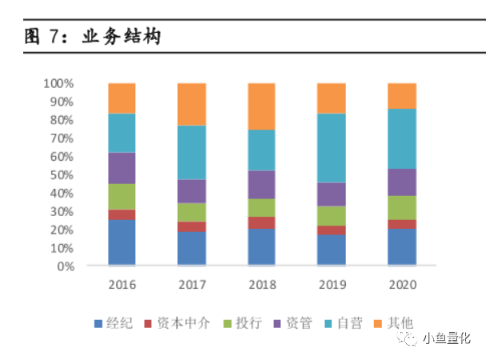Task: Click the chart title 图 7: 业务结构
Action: pos(92,36)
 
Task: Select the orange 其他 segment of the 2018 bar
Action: pos(261,106)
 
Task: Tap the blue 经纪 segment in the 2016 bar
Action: pos(122,242)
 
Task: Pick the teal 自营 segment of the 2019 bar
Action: pos(331,148)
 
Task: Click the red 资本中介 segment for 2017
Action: pos(191,226)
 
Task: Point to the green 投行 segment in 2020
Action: pos(402,207)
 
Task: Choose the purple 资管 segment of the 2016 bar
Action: pos(122,168)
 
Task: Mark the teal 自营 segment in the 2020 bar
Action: pos(402,138)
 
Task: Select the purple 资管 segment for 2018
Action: pos(261,184)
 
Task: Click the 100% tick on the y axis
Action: pos(58,83)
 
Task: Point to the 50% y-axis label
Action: pos(62,175)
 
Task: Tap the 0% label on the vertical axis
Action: pos(66,266)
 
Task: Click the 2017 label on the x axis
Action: pos(192,285)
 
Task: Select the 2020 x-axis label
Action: pos(403,285)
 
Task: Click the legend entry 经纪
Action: pos(114,323)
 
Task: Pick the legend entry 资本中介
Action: pos(177,323)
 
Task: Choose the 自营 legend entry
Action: pos(343,323)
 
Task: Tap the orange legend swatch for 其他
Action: pos(378,324)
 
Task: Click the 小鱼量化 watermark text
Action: pos(447,338)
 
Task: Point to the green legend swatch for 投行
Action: pos(227,324)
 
